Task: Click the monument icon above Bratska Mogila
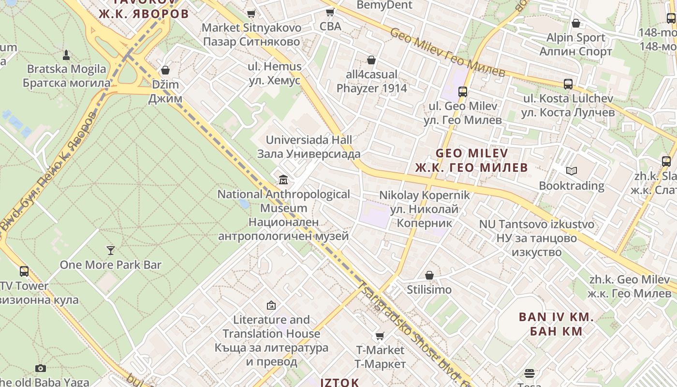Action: [66, 55]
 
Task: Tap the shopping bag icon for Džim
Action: [165, 70]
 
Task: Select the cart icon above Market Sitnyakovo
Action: [251, 14]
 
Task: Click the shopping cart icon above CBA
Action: [330, 12]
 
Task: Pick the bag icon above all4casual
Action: [371, 60]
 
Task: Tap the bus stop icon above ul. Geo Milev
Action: [463, 91]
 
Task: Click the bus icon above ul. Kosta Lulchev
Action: [568, 84]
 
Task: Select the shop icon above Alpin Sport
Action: [576, 23]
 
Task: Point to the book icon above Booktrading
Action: [572, 171]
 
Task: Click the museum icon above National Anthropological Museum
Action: [283, 180]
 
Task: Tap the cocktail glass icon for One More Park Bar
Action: [111, 250]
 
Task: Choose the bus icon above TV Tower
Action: [24, 271]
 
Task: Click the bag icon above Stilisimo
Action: [429, 275]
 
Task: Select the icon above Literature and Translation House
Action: [271, 305]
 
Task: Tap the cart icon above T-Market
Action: [380, 336]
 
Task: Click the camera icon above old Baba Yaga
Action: [41, 368]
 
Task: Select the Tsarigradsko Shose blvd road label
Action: [414, 334]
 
